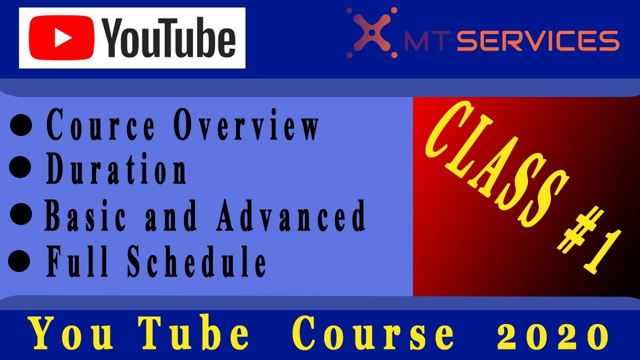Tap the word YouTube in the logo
(169, 39)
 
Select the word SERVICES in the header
(538, 41)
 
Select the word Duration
(116, 170)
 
